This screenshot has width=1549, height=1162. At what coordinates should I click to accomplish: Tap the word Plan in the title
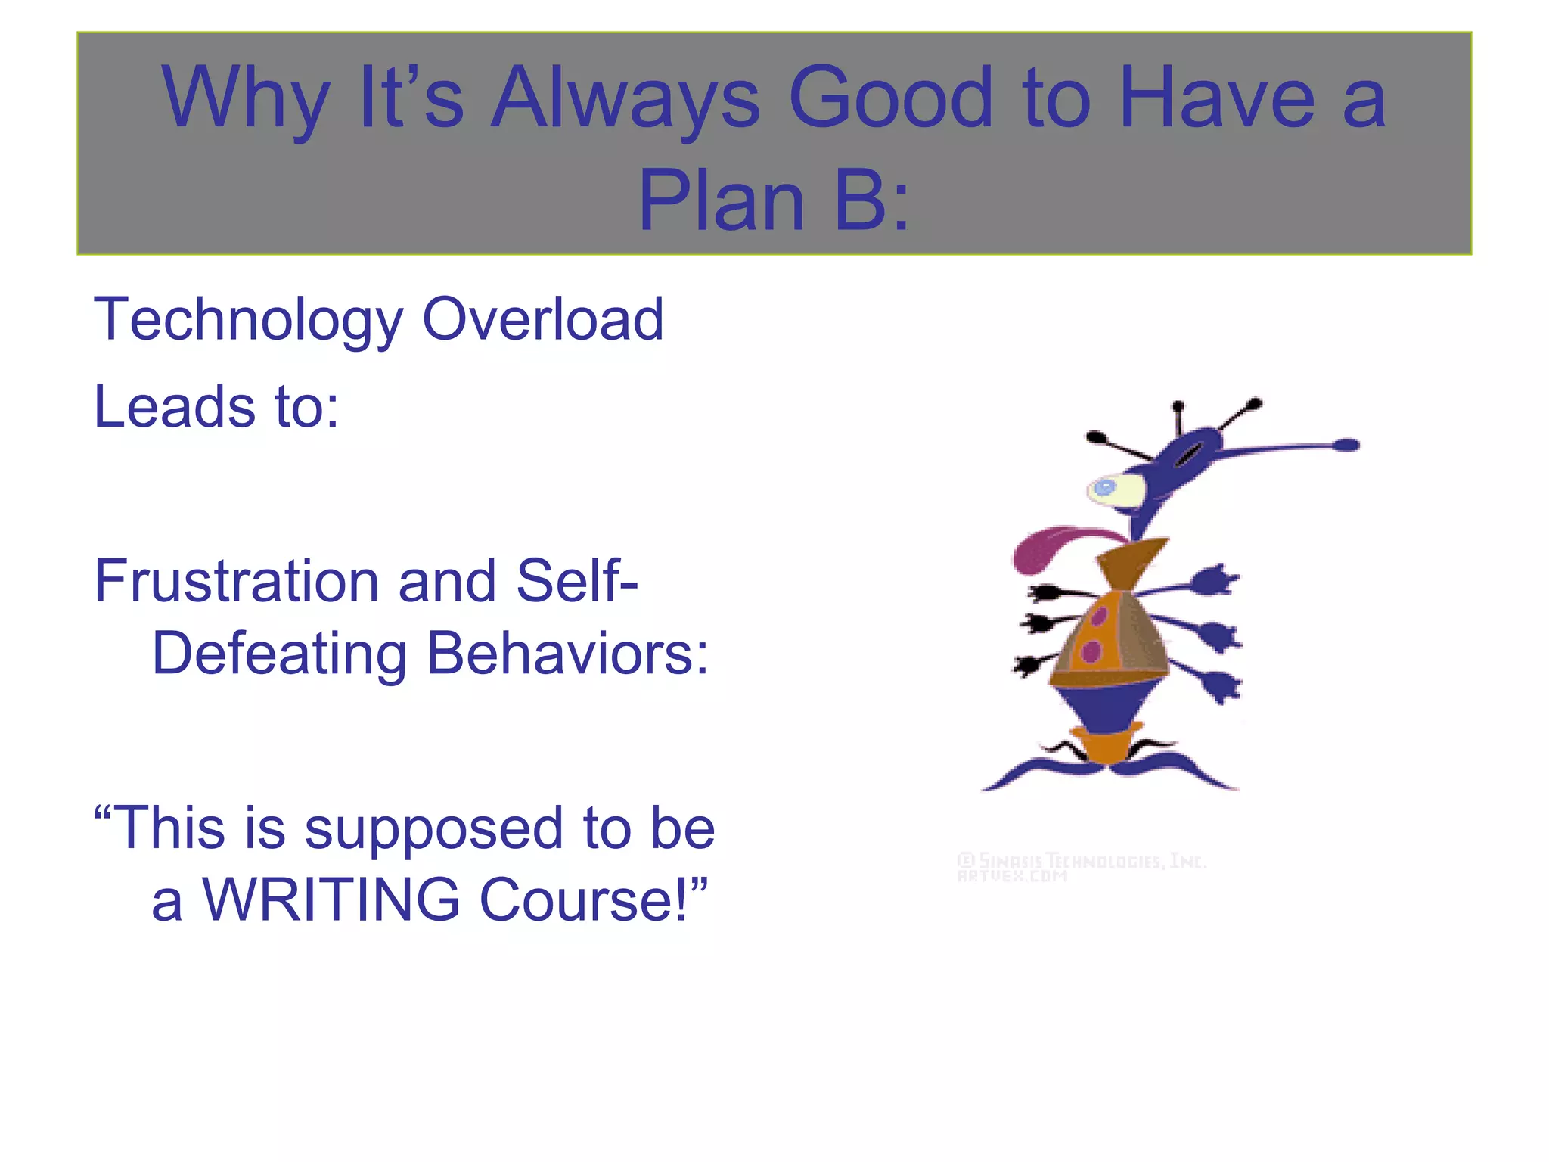(721, 201)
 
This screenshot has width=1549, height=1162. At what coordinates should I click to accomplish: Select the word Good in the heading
(889, 98)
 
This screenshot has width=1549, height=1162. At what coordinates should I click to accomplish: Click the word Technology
(248, 321)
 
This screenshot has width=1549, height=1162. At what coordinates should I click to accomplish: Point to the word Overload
(542, 319)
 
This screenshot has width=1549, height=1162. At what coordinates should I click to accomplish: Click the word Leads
(175, 407)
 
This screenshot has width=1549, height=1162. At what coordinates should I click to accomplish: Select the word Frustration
(235, 582)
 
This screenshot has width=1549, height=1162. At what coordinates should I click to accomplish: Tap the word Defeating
(279, 654)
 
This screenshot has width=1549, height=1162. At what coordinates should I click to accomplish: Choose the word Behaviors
(567, 654)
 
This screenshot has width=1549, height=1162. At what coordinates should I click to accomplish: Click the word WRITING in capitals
(331, 900)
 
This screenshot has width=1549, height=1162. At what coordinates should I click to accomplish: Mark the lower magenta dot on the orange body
(1091, 651)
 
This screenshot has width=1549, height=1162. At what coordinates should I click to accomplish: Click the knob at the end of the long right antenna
(1346, 445)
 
